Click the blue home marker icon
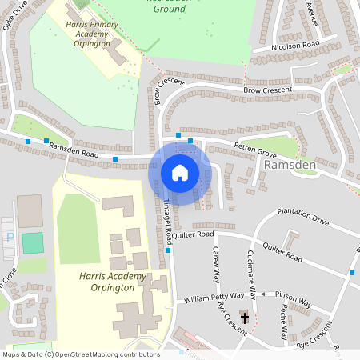[x=180, y=172]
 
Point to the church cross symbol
[x=244, y=318]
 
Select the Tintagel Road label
[x=168, y=216]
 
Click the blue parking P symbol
[x=10, y=238]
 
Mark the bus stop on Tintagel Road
[x=170, y=250]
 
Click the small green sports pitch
[x=33, y=242]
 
